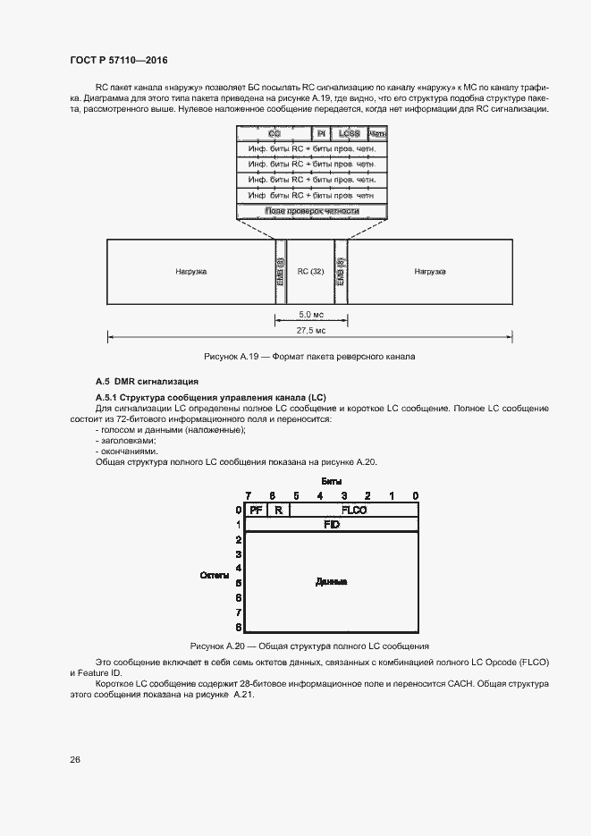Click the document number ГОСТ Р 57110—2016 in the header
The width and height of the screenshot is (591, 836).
(x=119, y=60)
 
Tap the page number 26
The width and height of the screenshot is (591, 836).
(x=75, y=759)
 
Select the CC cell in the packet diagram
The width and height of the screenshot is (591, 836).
(x=274, y=133)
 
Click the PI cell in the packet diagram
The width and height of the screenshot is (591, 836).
(x=322, y=133)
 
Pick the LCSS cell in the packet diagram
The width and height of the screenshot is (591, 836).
(x=349, y=133)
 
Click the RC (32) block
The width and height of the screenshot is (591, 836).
(x=310, y=271)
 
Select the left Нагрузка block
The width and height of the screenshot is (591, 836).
(x=190, y=271)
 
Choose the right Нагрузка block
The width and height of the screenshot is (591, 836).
(x=430, y=271)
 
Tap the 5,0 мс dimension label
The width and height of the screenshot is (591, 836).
(x=310, y=315)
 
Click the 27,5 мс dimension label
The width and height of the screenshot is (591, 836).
(x=310, y=331)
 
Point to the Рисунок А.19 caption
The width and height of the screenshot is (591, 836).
(x=310, y=356)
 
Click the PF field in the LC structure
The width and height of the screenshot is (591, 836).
(x=256, y=510)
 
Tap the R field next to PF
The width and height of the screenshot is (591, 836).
(x=278, y=510)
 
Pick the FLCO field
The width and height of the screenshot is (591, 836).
(x=354, y=510)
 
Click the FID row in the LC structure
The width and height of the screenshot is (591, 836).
(x=331, y=524)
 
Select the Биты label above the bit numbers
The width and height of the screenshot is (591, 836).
(x=332, y=480)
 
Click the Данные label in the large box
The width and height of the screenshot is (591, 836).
(x=331, y=582)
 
